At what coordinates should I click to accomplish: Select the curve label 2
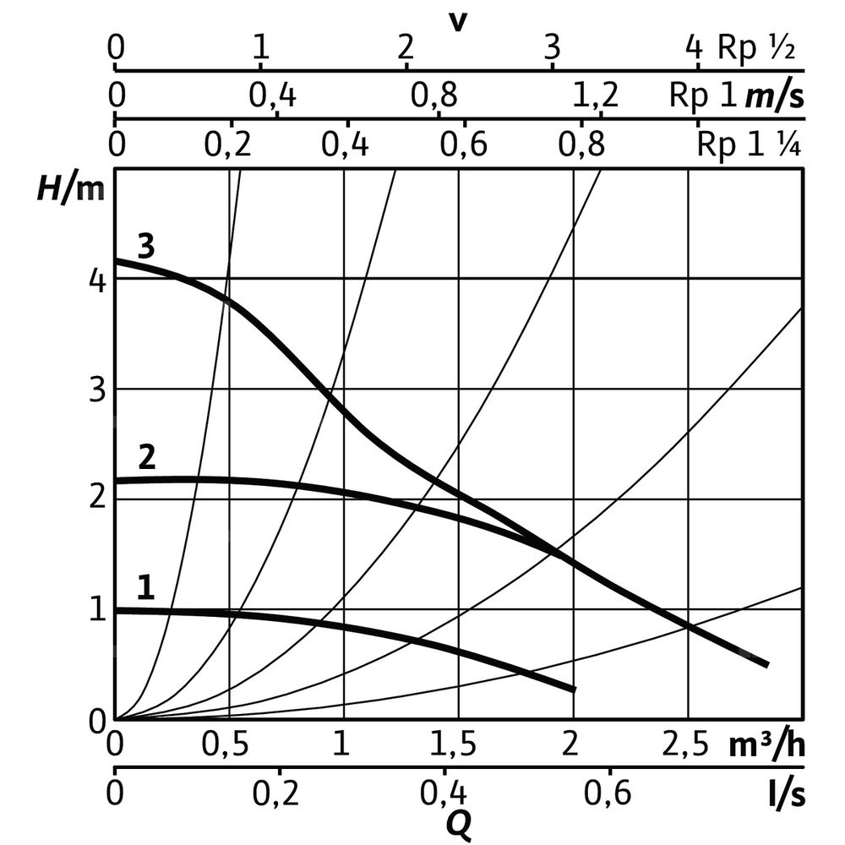146,459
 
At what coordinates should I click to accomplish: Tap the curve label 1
145,587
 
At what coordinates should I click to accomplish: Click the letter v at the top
457,20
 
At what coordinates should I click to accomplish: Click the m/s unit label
774,96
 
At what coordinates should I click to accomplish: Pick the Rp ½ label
757,47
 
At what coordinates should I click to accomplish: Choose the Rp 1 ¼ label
749,145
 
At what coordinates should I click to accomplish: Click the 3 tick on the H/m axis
98,391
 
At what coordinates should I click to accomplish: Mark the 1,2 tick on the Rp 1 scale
596,96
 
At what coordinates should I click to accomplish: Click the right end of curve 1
574,690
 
